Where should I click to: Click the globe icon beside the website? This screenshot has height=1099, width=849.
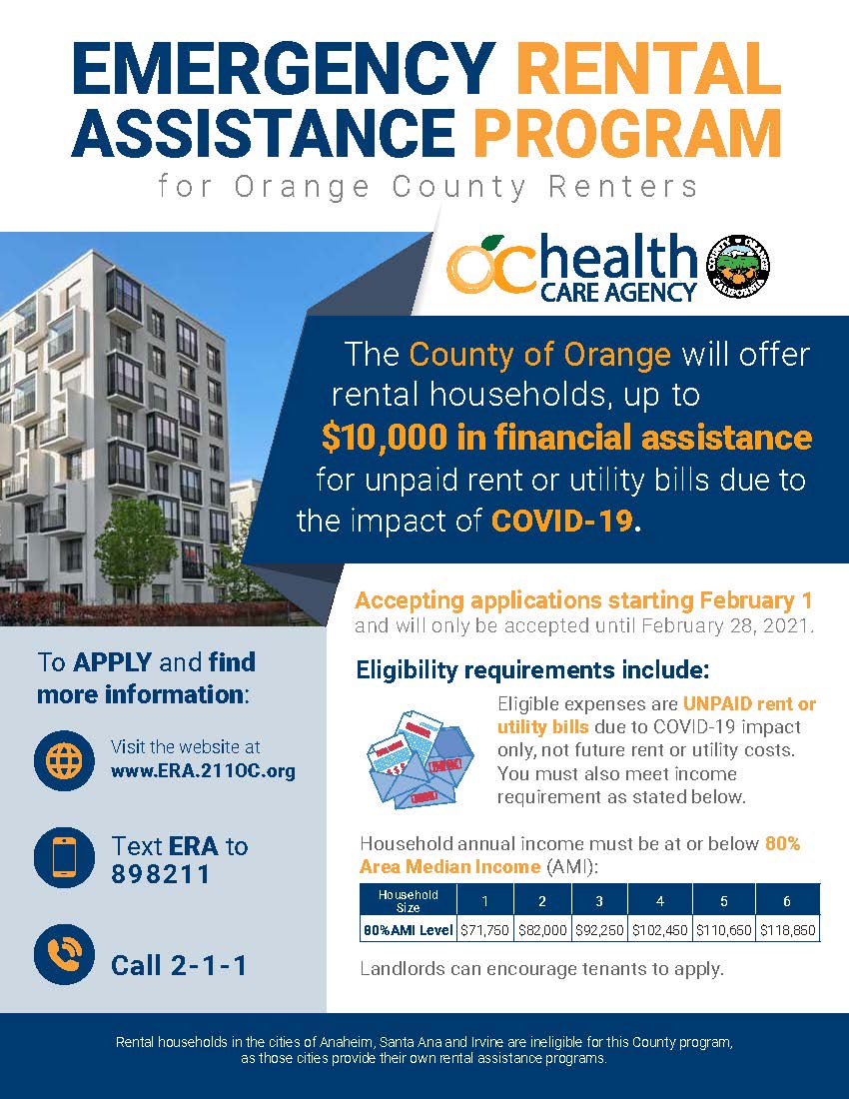(x=64, y=759)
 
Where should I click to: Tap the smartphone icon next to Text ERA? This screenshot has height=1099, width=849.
(x=64, y=856)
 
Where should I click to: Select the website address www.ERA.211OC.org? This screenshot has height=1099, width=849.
(x=203, y=772)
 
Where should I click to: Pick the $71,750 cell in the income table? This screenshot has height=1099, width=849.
(x=484, y=929)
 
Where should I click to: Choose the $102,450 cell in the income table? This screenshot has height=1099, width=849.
(x=659, y=929)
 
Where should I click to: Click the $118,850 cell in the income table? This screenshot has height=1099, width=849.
(x=787, y=929)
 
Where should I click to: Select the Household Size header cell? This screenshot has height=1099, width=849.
(x=408, y=900)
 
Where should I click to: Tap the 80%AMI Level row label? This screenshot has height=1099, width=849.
(x=408, y=929)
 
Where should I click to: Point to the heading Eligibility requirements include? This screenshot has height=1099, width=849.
(x=532, y=669)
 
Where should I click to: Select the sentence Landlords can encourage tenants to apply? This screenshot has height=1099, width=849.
(x=541, y=968)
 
